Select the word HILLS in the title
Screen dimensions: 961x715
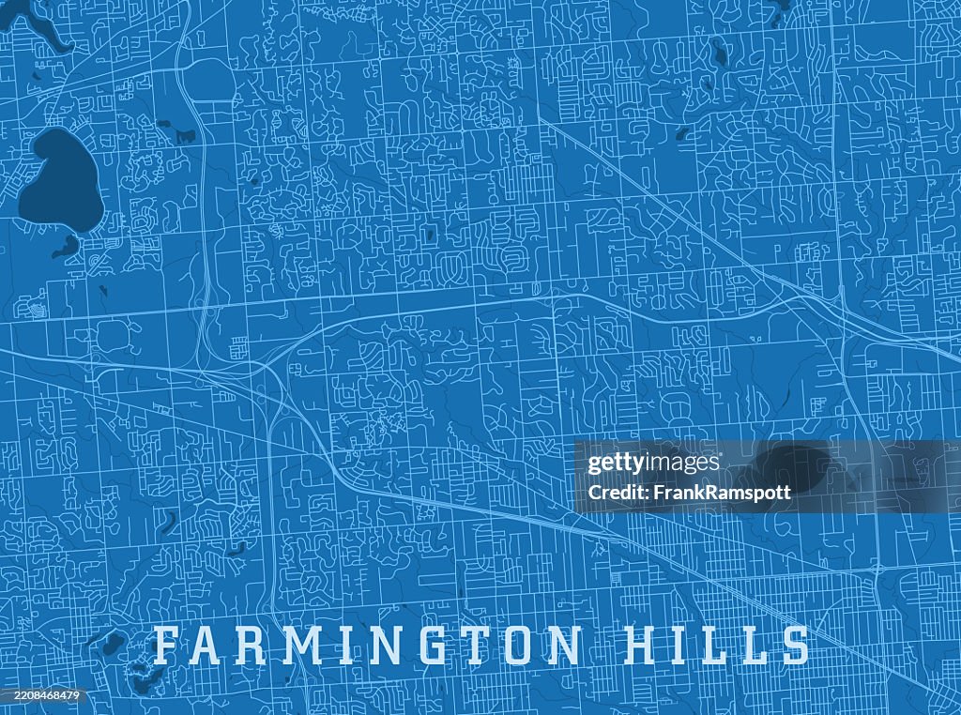[716, 646]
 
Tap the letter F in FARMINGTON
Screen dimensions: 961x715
[168, 646]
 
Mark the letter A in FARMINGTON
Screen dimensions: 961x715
[212, 646]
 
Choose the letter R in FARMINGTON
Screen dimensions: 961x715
[257, 646]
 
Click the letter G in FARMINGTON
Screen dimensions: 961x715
[433, 646]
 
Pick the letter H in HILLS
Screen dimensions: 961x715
[641, 646]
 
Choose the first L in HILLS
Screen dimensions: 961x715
[716, 646]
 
